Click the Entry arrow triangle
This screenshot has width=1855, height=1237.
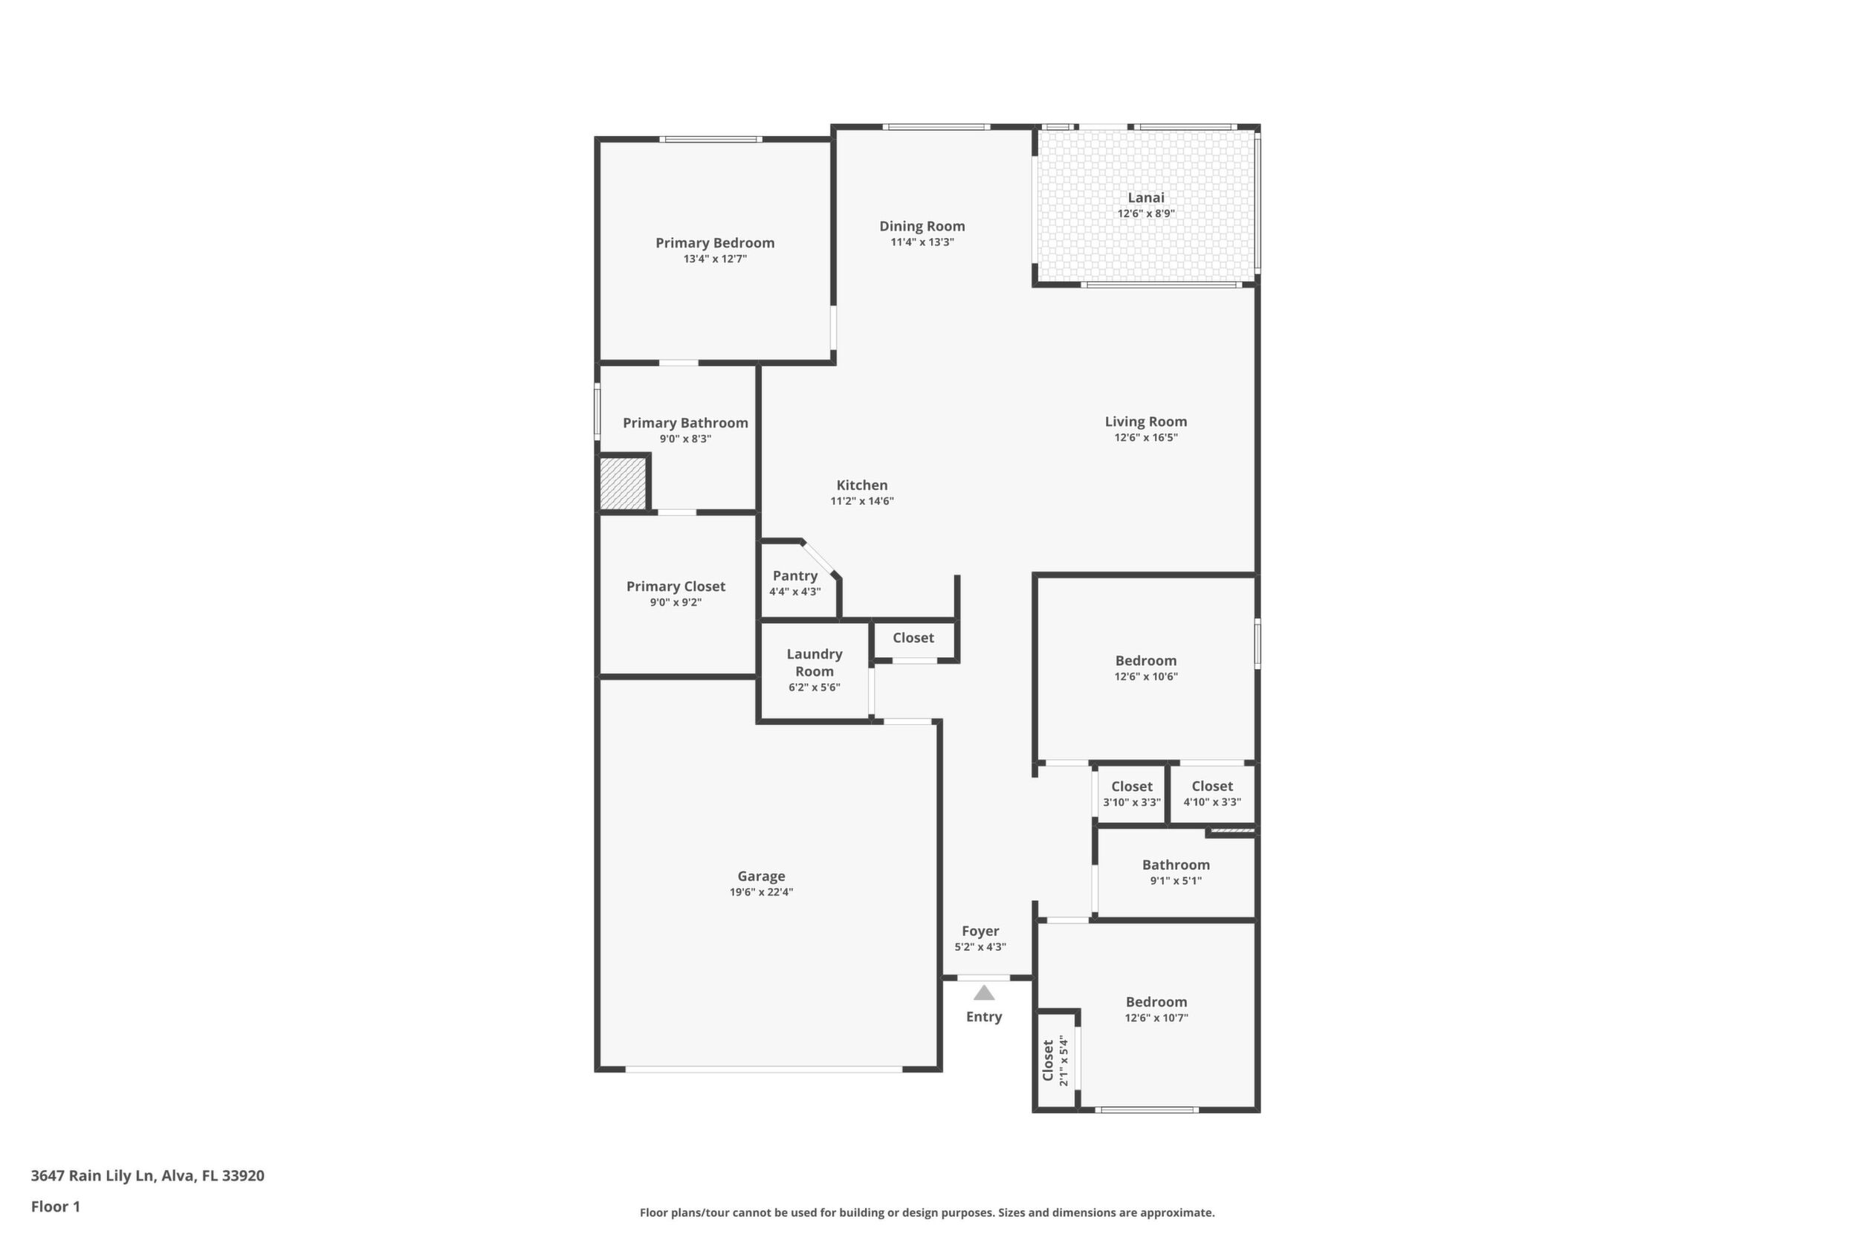(983, 992)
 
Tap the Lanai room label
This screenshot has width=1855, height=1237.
(1145, 198)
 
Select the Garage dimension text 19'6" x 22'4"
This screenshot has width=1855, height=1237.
(761, 892)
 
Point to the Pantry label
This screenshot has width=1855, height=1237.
(795, 576)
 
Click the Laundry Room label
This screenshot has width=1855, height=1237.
(814, 662)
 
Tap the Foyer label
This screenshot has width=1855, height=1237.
(980, 931)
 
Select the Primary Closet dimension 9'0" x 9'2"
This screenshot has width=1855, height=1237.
(676, 603)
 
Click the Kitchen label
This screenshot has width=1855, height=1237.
(862, 485)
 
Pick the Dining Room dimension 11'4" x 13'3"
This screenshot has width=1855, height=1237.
(922, 242)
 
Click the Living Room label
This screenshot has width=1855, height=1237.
(1145, 422)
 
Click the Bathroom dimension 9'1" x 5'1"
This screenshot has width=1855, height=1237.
(1176, 881)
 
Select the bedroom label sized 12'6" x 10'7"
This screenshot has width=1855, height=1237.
(1156, 1003)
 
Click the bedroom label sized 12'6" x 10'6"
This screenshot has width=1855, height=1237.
(1145, 661)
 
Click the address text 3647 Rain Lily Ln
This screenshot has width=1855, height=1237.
(92, 1175)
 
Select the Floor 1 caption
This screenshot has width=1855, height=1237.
(55, 1207)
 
